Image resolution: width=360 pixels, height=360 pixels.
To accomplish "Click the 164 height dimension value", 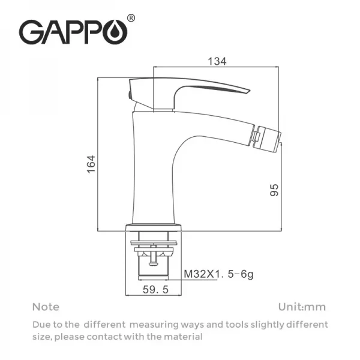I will [x=91, y=163].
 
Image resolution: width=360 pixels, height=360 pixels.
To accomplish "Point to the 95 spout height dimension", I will [x=274, y=190].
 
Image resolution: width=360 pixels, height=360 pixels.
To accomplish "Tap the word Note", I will [x=46, y=307].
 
